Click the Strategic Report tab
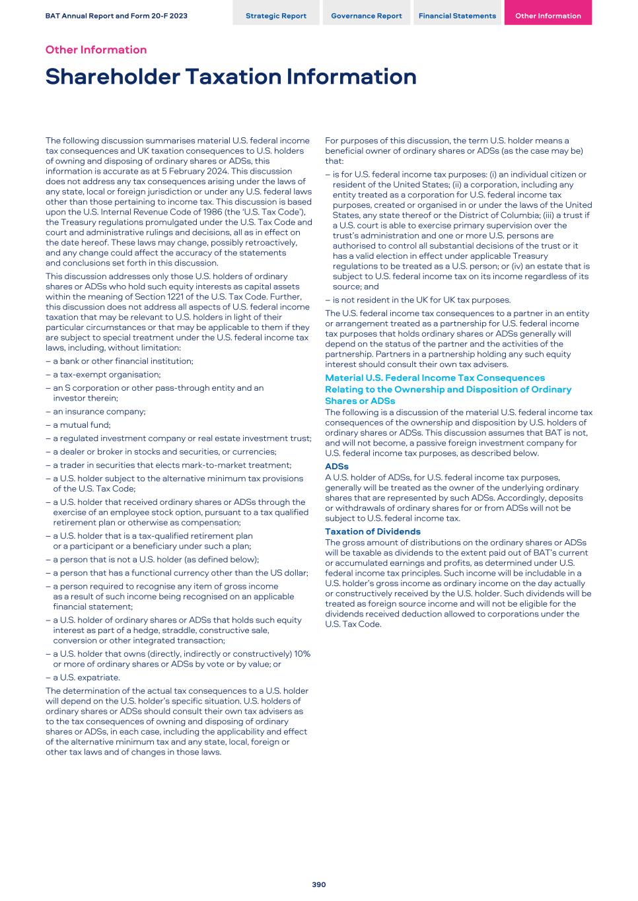click(275, 16)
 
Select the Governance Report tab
click(366, 16)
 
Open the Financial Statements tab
click(457, 16)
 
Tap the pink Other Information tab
click(548, 16)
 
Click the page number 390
click(319, 884)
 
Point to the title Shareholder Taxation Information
click(230, 77)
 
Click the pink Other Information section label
click(96, 50)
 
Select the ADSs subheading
click(337, 467)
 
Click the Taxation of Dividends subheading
click(372, 531)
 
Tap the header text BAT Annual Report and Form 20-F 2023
click(116, 16)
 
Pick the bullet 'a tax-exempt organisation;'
click(106, 374)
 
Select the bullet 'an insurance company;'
click(99, 411)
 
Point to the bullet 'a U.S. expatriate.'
click(86, 677)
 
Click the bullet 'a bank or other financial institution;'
click(123, 361)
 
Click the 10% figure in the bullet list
click(302, 653)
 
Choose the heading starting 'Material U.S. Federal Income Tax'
click(435, 378)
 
